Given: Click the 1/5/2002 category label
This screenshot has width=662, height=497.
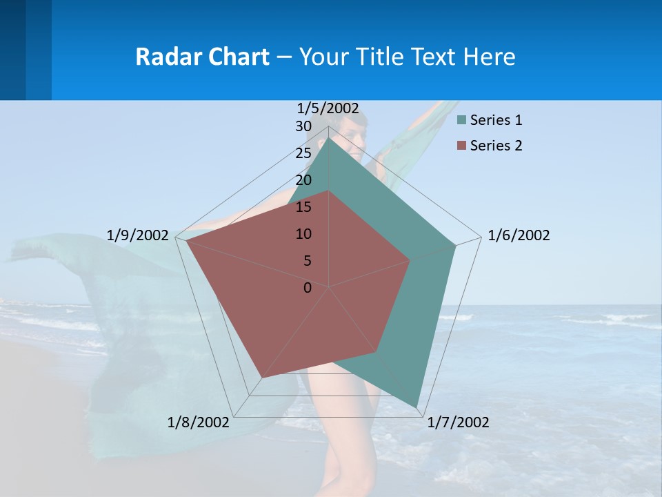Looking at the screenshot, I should (x=328, y=108).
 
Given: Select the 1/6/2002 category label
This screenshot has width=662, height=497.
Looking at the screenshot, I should (x=519, y=235).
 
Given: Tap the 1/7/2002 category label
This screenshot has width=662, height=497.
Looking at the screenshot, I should (x=458, y=422).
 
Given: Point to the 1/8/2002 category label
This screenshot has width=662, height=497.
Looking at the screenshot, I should (x=199, y=422).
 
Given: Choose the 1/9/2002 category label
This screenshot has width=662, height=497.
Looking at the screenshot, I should (x=138, y=235).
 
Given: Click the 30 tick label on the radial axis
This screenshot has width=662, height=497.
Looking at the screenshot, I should (x=303, y=127).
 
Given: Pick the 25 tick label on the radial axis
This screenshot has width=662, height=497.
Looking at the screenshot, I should (x=303, y=153).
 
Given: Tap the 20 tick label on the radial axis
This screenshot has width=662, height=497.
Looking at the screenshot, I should (x=303, y=180).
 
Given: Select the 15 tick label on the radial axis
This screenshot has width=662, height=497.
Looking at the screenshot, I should (x=303, y=207).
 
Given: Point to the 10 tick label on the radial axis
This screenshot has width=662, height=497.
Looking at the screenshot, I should (x=303, y=234).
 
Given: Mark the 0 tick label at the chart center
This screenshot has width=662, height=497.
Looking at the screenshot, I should (x=308, y=288).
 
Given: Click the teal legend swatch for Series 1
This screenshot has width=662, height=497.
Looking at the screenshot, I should (x=461, y=120).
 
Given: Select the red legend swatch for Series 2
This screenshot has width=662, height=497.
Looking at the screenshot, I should (x=461, y=146).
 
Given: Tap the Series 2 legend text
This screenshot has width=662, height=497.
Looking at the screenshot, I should (x=496, y=146).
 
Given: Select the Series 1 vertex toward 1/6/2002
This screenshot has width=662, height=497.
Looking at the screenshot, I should (x=455, y=246).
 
